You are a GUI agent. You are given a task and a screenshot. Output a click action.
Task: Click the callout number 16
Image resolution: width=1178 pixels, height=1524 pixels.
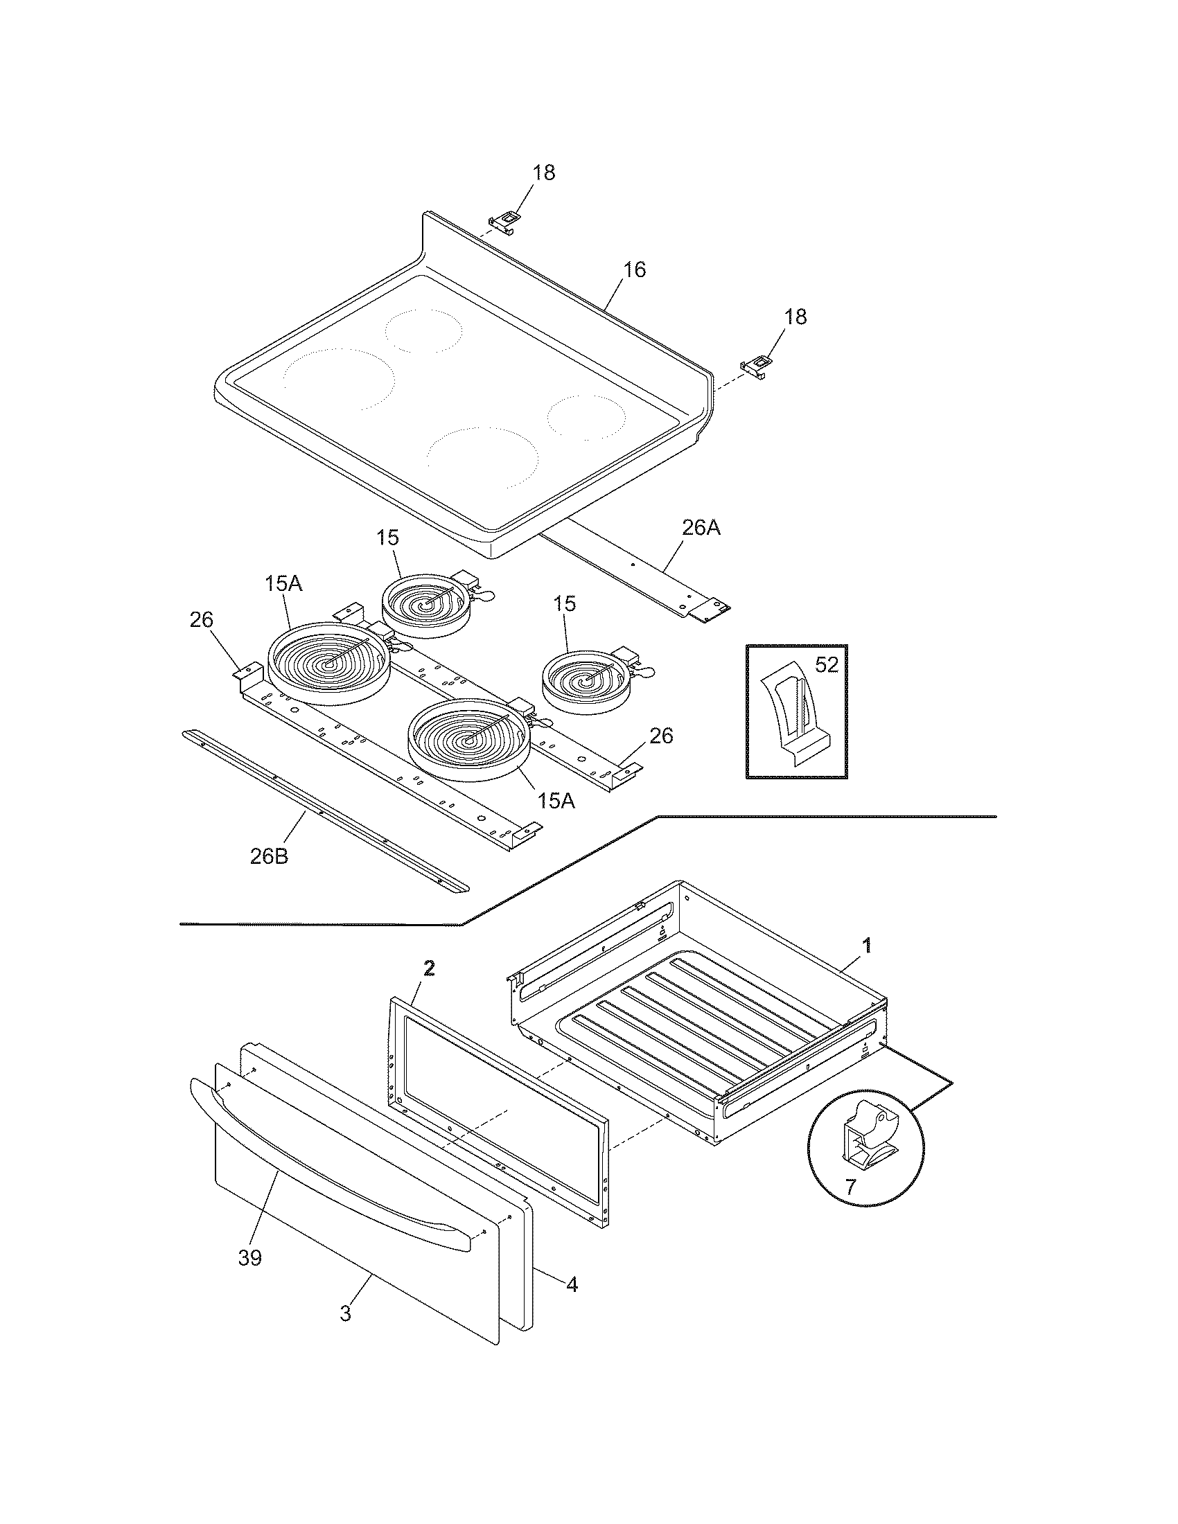(x=634, y=269)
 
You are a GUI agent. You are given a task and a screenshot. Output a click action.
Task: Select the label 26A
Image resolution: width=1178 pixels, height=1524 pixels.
(x=701, y=529)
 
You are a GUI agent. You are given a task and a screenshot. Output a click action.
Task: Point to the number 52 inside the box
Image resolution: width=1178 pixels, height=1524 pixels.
(x=826, y=665)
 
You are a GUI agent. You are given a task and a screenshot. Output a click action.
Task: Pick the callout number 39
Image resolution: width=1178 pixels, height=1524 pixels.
(x=250, y=1258)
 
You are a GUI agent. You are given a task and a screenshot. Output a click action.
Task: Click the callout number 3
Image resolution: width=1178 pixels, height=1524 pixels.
(x=346, y=1313)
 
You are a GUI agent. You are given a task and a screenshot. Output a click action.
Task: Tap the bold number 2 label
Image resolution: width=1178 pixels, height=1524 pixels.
(x=429, y=967)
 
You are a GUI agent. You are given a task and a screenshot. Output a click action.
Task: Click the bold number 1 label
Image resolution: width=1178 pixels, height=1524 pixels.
(x=867, y=946)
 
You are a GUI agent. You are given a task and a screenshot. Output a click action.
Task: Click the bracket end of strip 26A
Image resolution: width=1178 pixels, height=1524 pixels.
(x=710, y=611)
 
